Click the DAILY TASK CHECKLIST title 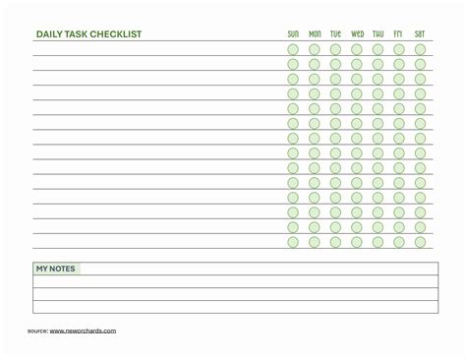88,33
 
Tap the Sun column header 293,33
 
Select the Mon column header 315,33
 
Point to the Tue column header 335,33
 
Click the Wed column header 357,33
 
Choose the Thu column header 378,33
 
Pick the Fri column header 399,33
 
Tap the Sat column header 420,33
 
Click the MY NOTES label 55,269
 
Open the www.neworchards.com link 83,330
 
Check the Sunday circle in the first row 293,49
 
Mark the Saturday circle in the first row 420,49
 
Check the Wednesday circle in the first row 357,49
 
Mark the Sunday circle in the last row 293,242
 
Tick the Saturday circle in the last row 420,242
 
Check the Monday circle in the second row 315,64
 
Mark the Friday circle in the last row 399,242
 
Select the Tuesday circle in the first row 335,49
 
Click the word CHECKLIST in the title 117,33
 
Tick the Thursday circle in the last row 378,242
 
